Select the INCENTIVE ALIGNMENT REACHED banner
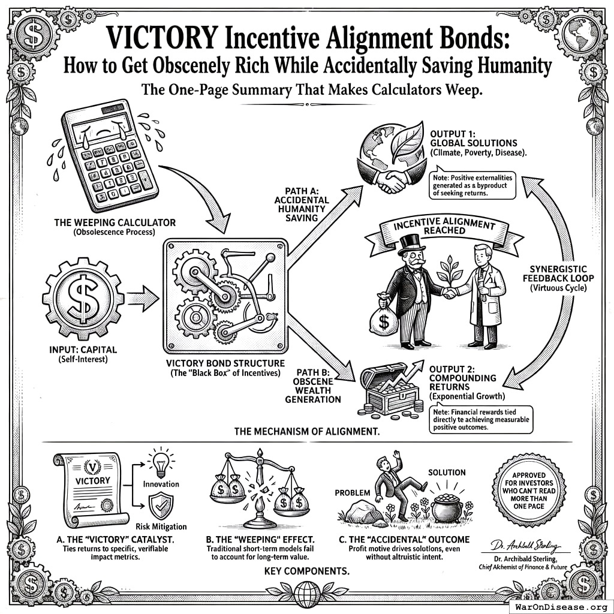coord(444,228)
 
